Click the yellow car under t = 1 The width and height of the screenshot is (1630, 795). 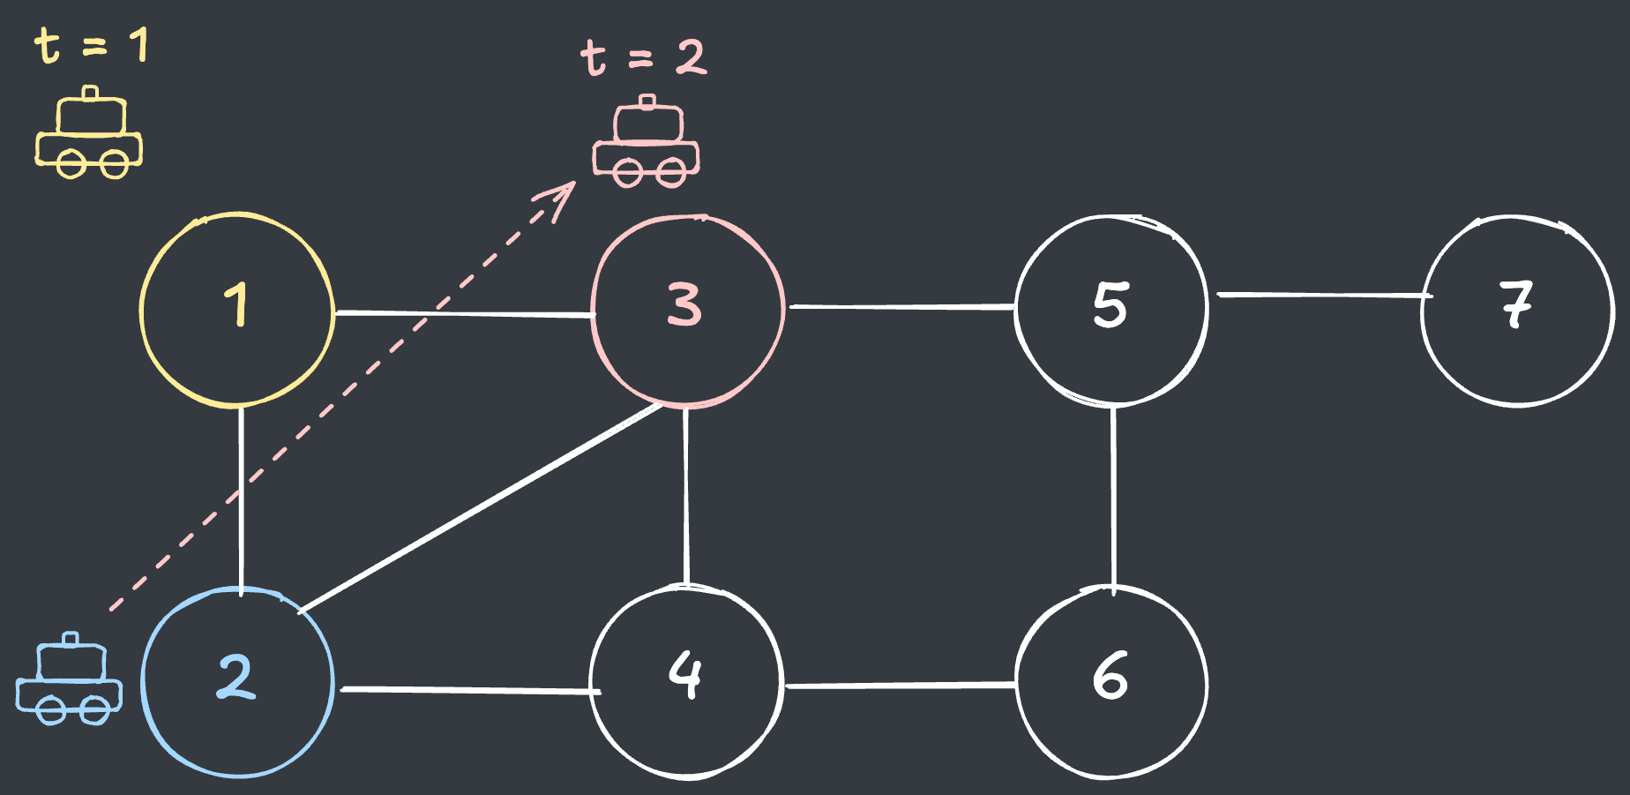pyautogui.click(x=89, y=132)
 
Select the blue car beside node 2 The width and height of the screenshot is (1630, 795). pyautogui.click(x=69, y=679)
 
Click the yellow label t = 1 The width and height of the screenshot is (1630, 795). pyautogui.click(x=91, y=45)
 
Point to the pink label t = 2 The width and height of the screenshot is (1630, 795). pyautogui.click(x=644, y=57)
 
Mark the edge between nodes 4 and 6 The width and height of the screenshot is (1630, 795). pyautogui.click(x=900, y=685)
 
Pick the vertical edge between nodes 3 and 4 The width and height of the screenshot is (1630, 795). pyautogui.click(x=686, y=496)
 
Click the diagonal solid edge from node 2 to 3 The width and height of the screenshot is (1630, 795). pyautogui.click(x=480, y=508)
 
